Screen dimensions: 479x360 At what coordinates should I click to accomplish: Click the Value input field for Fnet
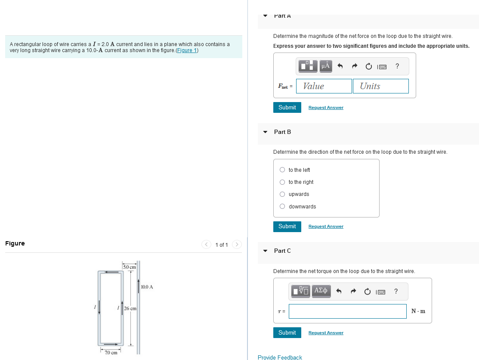coord(324,86)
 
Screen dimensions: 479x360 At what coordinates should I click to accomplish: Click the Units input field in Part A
coord(380,86)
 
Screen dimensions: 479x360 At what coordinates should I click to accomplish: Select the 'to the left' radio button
coord(282,170)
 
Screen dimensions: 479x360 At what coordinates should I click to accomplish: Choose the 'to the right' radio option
coord(282,182)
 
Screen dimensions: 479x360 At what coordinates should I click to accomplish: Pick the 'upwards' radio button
coord(282,194)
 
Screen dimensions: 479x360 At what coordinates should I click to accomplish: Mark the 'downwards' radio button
coord(282,206)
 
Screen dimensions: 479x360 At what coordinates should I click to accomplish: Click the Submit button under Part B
coord(287,227)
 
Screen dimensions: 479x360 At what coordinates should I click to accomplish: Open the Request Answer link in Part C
coord(326,333)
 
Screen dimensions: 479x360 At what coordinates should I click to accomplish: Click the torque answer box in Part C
coord(348,311)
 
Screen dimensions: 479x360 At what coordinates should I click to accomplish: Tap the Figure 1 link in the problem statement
coord(187,50)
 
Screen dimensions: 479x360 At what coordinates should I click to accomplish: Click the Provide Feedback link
coord(280,357)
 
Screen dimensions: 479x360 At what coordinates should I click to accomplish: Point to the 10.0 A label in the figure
coord(147,287)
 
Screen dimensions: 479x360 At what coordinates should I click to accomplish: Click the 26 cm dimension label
coord(130,309)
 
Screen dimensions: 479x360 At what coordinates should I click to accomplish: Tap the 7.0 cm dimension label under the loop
coord(111,353)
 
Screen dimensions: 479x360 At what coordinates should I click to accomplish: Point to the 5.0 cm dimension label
coord(130,267)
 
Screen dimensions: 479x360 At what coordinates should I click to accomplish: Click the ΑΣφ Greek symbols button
coord(321,291)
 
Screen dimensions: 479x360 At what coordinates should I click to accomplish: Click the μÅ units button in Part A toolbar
coord(326,66)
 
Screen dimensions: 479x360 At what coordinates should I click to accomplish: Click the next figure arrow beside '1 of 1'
coord(237,245)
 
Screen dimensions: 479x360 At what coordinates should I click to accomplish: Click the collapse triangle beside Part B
coord(265,132)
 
